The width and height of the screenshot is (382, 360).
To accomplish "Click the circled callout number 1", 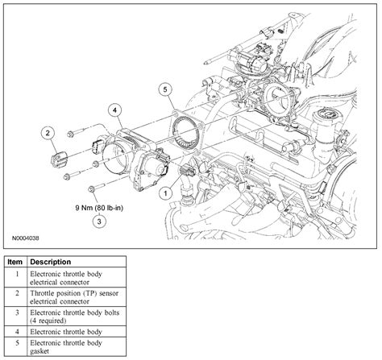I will click(165, 192).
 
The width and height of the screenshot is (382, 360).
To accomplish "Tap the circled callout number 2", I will click(48, 132).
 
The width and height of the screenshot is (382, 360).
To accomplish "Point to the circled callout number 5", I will click(164, 89).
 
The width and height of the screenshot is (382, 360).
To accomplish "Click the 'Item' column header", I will click(15, 263).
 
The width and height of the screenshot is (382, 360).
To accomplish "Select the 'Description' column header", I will click(52, 263).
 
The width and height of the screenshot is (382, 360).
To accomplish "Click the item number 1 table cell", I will click(15, 279).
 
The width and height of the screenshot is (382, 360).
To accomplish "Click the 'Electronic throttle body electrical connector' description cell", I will click(73, 279).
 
